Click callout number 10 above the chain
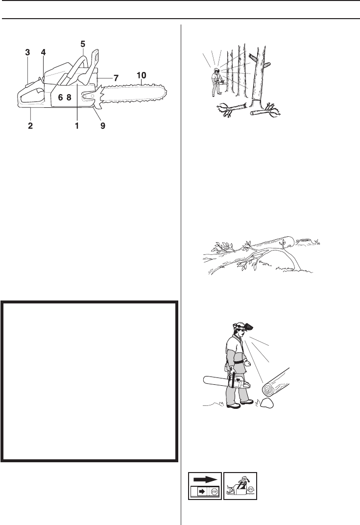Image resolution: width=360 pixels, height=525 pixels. click(141, 75)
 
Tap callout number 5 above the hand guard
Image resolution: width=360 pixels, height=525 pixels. click(83, 44)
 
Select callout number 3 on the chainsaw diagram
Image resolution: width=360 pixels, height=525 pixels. click(27, 52)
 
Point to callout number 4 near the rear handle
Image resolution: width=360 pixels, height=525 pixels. click(43, 52)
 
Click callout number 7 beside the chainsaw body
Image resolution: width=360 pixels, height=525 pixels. click(116, 78)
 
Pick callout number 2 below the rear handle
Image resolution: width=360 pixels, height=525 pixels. click(30, 126)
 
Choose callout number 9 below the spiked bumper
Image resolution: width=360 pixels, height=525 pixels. click(103, 126)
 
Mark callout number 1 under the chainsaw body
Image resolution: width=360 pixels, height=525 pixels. click(77, 126)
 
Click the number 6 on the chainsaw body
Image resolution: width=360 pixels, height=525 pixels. click(60, 98)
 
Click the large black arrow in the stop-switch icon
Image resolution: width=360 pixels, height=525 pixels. click(205, 479)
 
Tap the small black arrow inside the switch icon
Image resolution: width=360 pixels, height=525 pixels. click(201, 492)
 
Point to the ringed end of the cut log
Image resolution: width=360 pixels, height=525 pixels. click(269, 389)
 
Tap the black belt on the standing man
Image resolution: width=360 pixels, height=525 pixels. click(239, 362)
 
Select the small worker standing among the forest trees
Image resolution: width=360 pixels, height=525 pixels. click(216, 82)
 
